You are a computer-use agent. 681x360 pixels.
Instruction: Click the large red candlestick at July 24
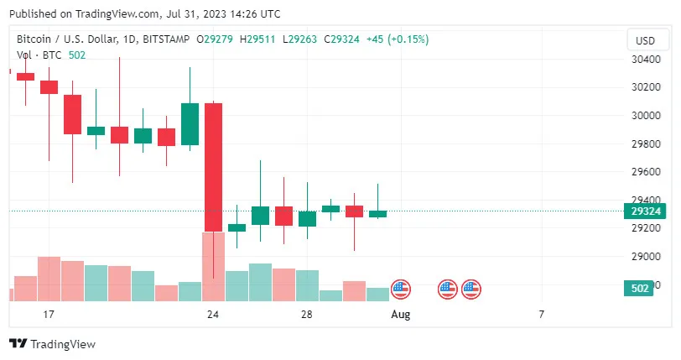click(x=213, y=166)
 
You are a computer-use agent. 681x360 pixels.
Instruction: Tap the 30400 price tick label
click(x=646, y=59)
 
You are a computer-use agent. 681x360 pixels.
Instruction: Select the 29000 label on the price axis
click(x=646, y=256)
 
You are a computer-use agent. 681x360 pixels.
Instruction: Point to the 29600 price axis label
click(x=646, y=171)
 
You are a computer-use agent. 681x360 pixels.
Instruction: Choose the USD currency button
click(x=646, y=40)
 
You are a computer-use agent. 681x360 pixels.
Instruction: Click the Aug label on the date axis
click(x=401, y=315)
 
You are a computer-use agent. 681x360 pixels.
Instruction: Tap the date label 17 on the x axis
click(x=49, y=315)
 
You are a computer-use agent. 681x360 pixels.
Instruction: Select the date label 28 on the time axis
click(x=307, y=315)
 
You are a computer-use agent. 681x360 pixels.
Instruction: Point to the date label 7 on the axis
click(x=542, y=315)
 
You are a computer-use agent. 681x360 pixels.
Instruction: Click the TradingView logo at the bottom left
click(x=52, y=344)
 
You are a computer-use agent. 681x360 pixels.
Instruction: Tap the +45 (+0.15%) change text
click(x=398, y=39)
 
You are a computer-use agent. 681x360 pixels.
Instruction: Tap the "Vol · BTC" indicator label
click(x=40, y=55)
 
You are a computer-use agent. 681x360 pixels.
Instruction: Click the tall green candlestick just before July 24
click(x=190, y=123)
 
